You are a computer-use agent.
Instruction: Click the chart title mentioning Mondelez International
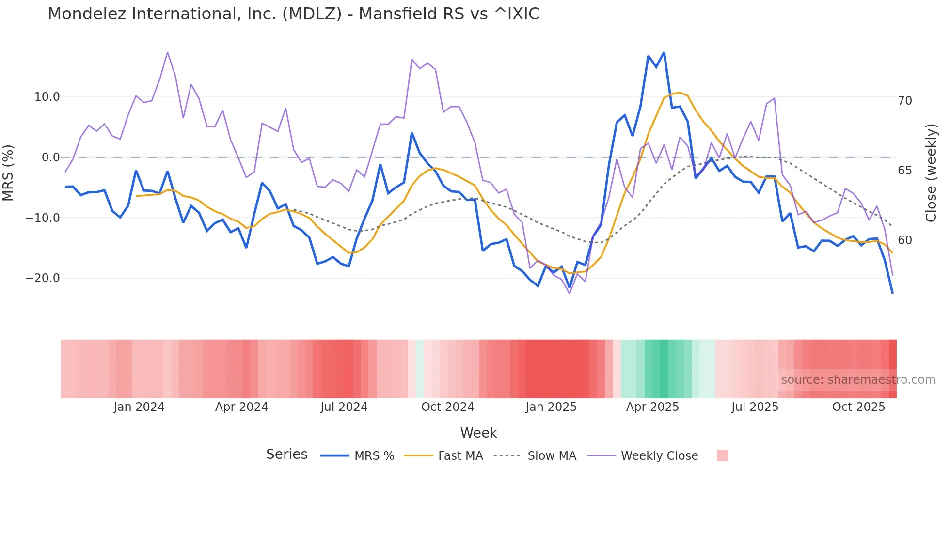point(293,14)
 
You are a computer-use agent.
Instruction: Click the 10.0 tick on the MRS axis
point(47,97)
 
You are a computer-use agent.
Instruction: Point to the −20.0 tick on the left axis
point(43,278)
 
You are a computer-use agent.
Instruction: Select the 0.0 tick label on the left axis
point(51,157)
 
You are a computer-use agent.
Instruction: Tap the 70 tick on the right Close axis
point(905,101)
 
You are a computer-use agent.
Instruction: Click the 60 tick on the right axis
point(905,240)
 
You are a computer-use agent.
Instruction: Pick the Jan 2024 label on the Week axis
point(139,407)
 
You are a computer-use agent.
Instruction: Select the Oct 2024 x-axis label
point(447,407)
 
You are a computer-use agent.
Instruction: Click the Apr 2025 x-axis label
point(652,407)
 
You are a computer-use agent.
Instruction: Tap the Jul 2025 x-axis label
point(755,407)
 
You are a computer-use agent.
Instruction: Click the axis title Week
point(478,433)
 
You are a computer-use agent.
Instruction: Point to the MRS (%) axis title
point(8,173)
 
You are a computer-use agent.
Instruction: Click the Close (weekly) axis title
point(931,173)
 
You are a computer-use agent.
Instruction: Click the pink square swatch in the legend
point(722,455)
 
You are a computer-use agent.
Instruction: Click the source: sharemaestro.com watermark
point(858,380)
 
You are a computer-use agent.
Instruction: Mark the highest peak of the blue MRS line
point(664,52)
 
